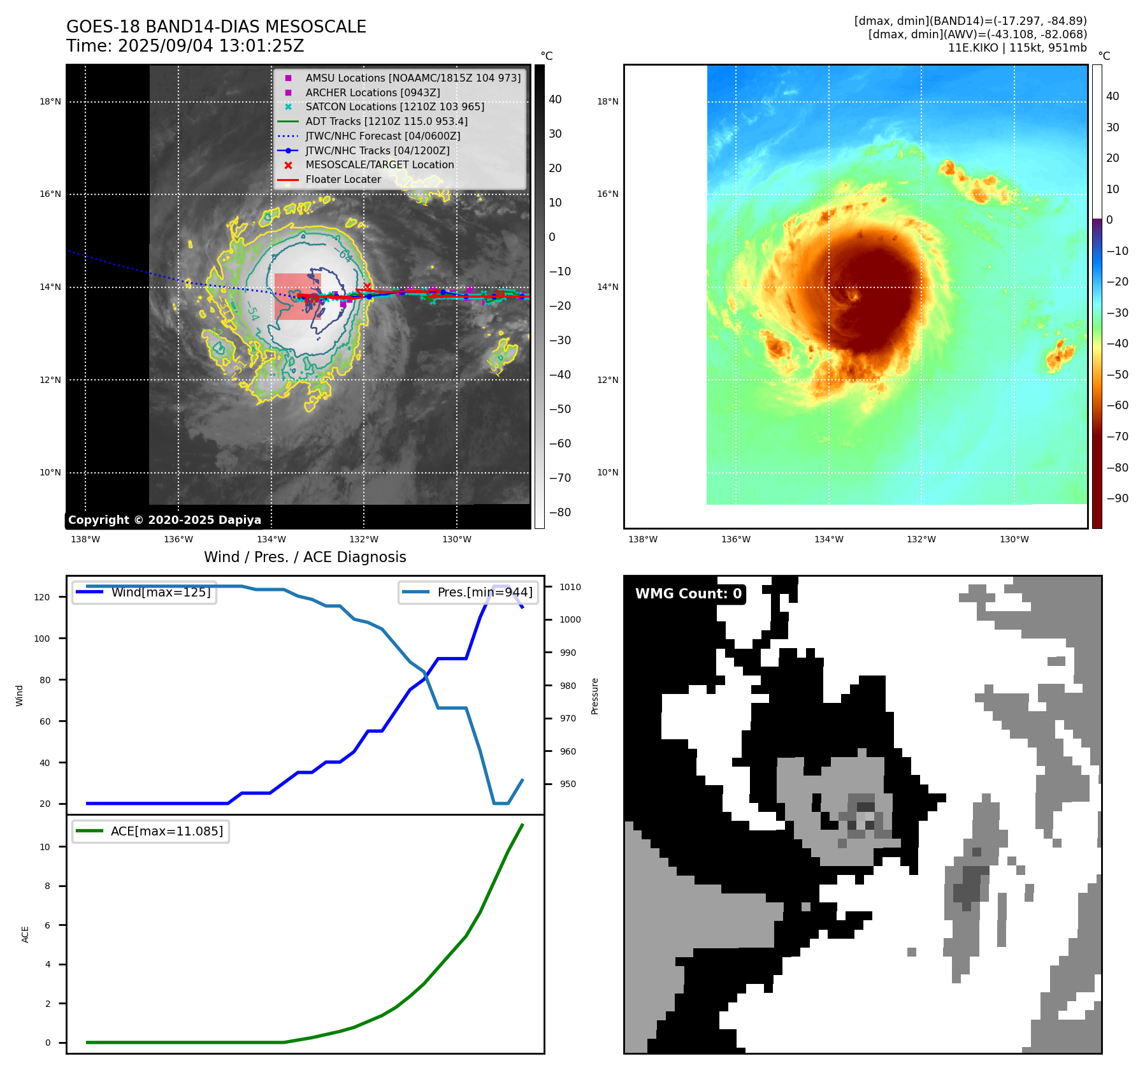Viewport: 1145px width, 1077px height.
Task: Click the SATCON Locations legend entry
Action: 394,107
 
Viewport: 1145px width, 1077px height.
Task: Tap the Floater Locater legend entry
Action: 343,180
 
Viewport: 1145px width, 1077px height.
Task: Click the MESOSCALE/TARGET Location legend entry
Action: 379,165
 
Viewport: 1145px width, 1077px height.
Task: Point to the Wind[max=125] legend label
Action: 161,592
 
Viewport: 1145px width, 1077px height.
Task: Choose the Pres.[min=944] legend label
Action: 484,592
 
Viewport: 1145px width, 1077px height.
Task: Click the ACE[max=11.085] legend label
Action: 167,831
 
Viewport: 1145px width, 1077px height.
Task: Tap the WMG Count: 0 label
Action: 688,594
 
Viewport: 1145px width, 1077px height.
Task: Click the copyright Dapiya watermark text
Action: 164,520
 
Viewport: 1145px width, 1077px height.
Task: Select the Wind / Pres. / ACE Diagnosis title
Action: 305,557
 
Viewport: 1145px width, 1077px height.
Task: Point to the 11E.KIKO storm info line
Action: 1017,48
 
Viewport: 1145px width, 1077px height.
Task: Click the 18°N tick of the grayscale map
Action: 50,101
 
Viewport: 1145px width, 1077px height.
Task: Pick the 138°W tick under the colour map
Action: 642,539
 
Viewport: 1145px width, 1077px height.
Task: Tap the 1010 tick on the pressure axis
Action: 570,587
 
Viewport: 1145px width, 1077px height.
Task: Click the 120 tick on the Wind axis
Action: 41,597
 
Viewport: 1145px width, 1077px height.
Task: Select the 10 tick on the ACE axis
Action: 45,847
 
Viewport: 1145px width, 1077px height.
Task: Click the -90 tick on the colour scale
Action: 1117,498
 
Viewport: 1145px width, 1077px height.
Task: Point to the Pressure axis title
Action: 594,696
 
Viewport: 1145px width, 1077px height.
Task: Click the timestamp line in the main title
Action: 185,47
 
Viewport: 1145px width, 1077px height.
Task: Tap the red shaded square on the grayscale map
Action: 297,296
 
